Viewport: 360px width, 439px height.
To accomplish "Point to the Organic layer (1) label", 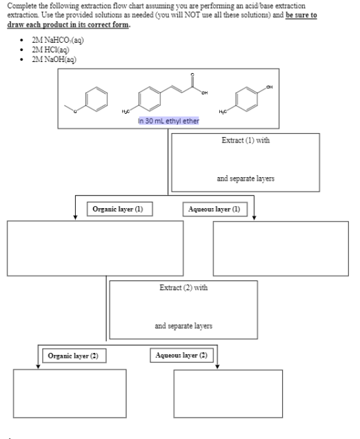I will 119,208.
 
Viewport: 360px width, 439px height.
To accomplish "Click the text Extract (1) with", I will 245,140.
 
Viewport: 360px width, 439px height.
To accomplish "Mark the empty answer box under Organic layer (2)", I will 70,394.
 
